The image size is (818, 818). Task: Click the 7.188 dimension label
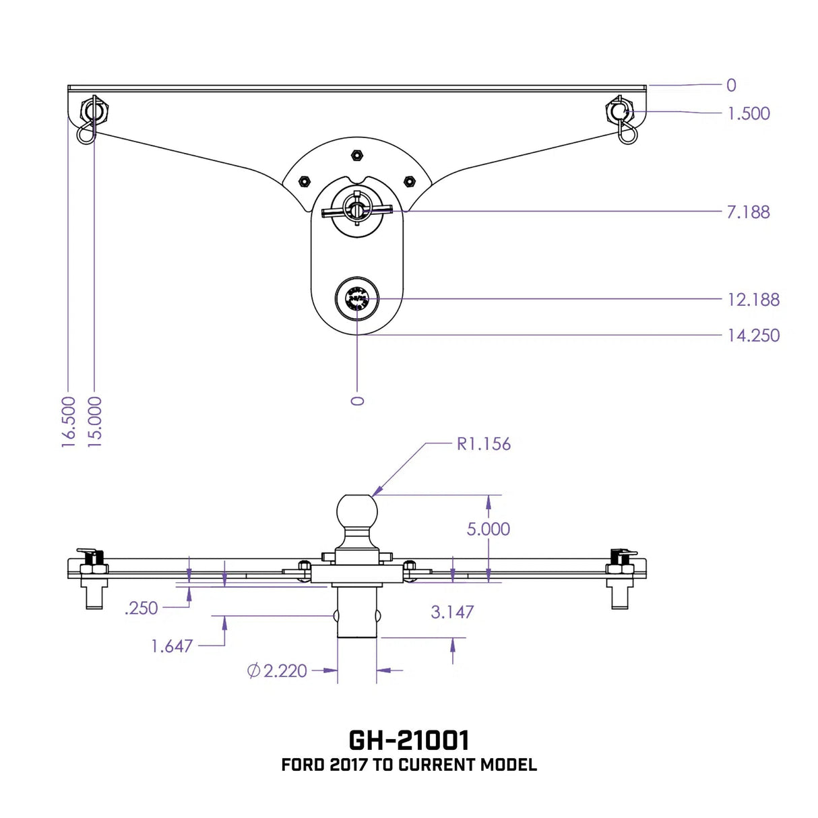tap(748, 212)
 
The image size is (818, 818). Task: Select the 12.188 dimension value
tap(753, 300)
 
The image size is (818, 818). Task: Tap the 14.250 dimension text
tap(753, 336)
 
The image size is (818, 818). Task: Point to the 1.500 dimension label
tap(749, 114)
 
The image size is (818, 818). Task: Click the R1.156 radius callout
tap(484, 444)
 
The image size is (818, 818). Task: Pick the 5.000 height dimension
tap(489, 530)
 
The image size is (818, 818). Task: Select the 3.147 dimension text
tap(452, 612)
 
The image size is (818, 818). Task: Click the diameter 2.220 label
tap(278, 671)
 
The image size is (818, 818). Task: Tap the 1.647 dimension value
tap(172, 647)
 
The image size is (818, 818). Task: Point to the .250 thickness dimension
tap(141, 608)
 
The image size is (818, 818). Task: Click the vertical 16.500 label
tap(69, 422)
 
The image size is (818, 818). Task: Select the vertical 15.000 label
tap(95, 422)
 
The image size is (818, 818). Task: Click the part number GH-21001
tap(409, 740)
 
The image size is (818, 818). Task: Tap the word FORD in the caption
tap(303, 765)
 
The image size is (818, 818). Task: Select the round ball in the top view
tap(357, 298)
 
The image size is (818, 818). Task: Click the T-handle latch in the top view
tap(356, 211)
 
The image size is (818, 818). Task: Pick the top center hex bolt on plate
tap(356, 156)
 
